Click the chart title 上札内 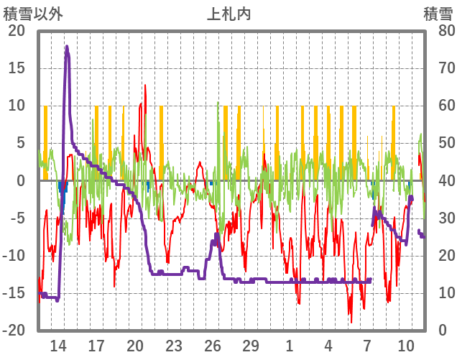(228, 13)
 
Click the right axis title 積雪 (437, 13)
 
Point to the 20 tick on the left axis (16, 31)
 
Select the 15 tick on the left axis (16, 68)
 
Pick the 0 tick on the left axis (20, 181)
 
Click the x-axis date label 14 (58, 346)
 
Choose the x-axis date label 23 (174, 346)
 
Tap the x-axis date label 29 (251, 346)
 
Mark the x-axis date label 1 (290, 346)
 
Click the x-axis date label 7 (367, 346)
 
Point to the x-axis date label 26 (213, 346)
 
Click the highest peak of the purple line (67, 47)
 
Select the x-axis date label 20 (135, 346)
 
